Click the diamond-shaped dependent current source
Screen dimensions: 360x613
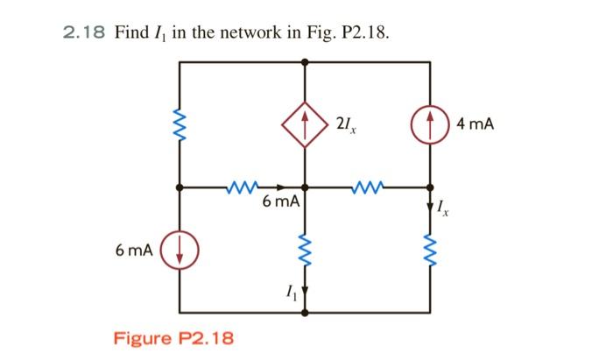[305, 125]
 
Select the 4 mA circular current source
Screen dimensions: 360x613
[429, 125]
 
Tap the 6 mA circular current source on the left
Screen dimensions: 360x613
[180, 251]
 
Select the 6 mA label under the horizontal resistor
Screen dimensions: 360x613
[281, 202]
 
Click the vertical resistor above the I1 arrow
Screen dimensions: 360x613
[305, 249]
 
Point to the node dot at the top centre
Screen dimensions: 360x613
[305, 62]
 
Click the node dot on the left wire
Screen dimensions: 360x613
[180, 187]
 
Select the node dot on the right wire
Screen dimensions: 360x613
[429, 187]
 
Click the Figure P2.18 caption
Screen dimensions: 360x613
[174, 338]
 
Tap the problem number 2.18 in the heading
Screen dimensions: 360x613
[84, 32]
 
